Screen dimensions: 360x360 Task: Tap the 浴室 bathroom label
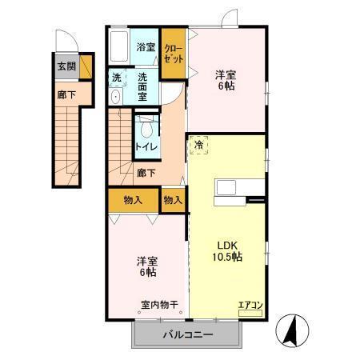point(145,47)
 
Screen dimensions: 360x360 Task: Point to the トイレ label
point(146,147)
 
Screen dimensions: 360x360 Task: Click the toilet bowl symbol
point(146,130)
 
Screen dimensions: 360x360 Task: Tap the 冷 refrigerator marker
point(199,146)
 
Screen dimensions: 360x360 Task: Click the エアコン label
point(250,303)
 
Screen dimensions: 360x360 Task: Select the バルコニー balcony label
point(189,335)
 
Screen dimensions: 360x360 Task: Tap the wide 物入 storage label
point(133,199)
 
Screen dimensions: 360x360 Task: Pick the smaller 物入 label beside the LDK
point(173,199)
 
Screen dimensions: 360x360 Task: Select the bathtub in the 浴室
point(120,47)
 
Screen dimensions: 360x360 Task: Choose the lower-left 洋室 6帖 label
point(146,267)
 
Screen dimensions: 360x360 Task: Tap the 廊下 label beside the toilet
point(146,172)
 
